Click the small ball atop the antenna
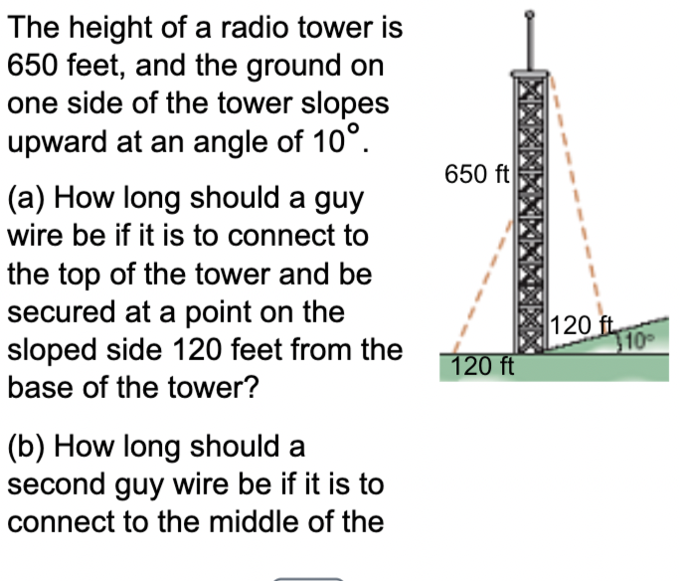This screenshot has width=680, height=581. pos(529,14)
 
